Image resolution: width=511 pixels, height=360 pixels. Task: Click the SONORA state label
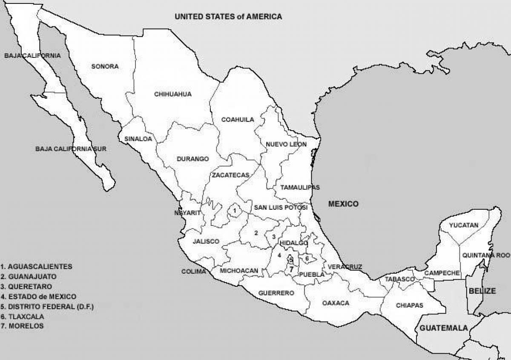(105, 66)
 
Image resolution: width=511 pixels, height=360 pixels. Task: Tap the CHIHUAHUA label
(173, 94)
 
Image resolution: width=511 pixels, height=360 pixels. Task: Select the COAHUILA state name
(238, 120)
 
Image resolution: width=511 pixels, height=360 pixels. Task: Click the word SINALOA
(138, 139)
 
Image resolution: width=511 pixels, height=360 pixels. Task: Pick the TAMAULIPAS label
(300, 187)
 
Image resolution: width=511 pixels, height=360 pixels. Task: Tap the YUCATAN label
(464, 225)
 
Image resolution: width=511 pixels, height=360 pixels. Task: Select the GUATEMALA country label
(444, 328)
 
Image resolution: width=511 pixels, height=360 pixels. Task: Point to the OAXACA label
(336, 303)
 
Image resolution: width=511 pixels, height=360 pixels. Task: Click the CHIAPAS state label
(409, 305)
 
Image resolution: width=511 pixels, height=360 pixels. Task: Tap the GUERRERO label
(276, 293)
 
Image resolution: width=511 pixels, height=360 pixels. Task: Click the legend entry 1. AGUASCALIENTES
(36, 266)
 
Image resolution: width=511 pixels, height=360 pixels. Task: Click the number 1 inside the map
(234, 210)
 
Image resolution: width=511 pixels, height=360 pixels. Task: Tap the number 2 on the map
(256, 233)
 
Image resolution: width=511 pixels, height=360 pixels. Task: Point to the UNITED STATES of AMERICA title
(228, 17)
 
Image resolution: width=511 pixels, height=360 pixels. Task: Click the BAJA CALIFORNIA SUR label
(71, 149)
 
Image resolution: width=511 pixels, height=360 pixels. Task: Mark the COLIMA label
(190, 271)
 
